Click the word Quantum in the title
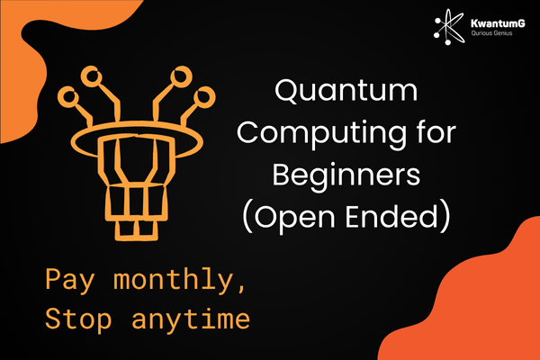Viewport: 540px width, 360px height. click(x=346, y=91)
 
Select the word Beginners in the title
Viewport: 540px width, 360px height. click(x=346, y=176)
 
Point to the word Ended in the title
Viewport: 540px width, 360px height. click(x=391, y=216)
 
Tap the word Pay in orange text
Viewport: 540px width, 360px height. click(x=69, y=281)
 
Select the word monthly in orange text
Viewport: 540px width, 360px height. click(x=174, y=279)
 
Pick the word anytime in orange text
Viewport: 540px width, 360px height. click(x=191, y=319)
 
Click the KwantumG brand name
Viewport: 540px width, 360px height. click(x=498, y=23)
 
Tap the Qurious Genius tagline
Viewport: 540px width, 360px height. click(x=491, y=33)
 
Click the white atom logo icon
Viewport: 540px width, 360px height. click(x=449, y=27)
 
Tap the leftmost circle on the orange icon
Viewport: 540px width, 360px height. click(x=67, y=96)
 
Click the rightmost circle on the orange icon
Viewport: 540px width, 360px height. click(x=204, y=97)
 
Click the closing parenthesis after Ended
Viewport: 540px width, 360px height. click(x=445, y=218)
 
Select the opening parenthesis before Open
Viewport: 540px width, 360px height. click(x=247, y=218)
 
